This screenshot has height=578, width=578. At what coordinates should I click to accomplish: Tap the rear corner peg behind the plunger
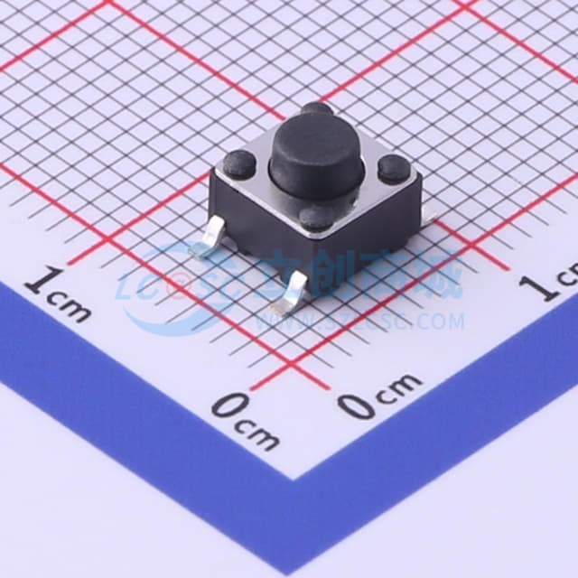click(x=317, y=110)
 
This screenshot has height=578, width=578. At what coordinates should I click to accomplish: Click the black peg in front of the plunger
click(x=316, y=217)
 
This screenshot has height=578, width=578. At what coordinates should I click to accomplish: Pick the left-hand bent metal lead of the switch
click(x=210, y=238)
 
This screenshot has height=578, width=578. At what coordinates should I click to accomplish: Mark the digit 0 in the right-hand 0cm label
click(x=357, y=406)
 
